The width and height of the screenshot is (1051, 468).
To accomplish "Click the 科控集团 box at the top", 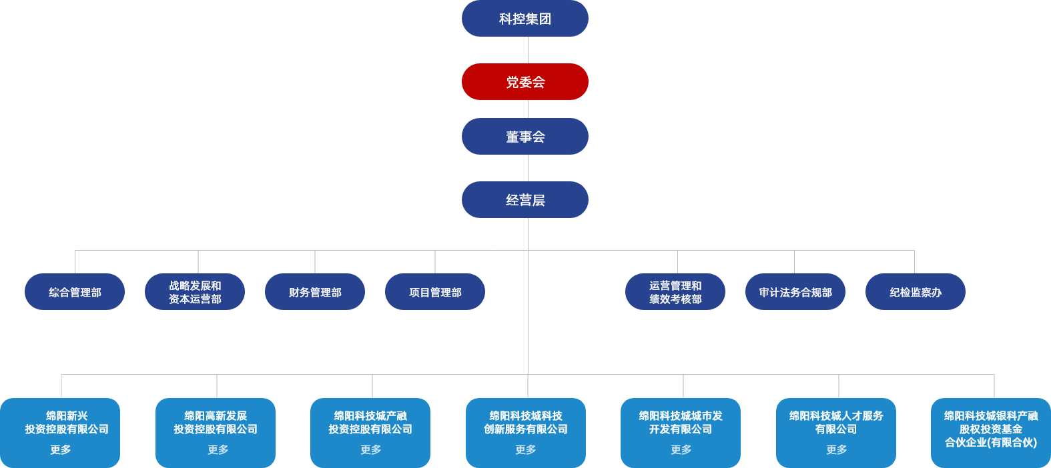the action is [x=525, y=18].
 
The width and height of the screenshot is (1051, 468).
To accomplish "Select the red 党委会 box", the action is [x=525, y=81].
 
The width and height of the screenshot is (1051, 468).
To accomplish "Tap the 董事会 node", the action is [x=525, y=137].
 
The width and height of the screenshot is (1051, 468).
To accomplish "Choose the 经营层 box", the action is [x=525, y=200].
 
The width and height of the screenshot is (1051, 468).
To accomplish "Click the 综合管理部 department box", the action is [x=75, y=292].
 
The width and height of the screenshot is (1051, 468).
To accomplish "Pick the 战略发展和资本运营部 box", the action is [x=195, y=292].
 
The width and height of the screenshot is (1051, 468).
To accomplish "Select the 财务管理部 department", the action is [x=315, y=292].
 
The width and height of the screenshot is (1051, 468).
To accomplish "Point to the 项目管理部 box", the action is [x=435, y=292].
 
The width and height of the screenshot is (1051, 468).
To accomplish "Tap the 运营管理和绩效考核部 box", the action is [x=675, y=292].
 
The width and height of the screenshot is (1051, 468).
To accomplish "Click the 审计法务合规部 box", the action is [x=795, y=292].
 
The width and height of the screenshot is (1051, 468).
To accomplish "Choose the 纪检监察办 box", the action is [x=916, y=292].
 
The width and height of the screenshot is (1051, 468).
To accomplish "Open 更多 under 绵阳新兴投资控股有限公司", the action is [x=61, y=450].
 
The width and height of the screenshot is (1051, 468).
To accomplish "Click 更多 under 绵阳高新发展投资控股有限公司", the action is [x=218, y=450].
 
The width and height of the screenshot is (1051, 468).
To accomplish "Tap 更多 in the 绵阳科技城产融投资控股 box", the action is [x=370, y=450].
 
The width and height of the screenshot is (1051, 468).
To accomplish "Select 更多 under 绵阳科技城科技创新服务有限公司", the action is [x=526, y=450].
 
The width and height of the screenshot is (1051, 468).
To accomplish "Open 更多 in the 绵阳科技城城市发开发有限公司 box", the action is [x=681, y=450].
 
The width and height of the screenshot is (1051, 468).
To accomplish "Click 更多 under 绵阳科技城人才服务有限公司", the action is [x=837, y=450].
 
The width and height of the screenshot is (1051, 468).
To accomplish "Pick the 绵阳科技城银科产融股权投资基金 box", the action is [x=991, y=433].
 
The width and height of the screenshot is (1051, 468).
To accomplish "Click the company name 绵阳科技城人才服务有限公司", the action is [x=836, y=423].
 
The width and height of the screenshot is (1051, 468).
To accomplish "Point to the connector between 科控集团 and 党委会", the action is [x=529, y=50].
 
